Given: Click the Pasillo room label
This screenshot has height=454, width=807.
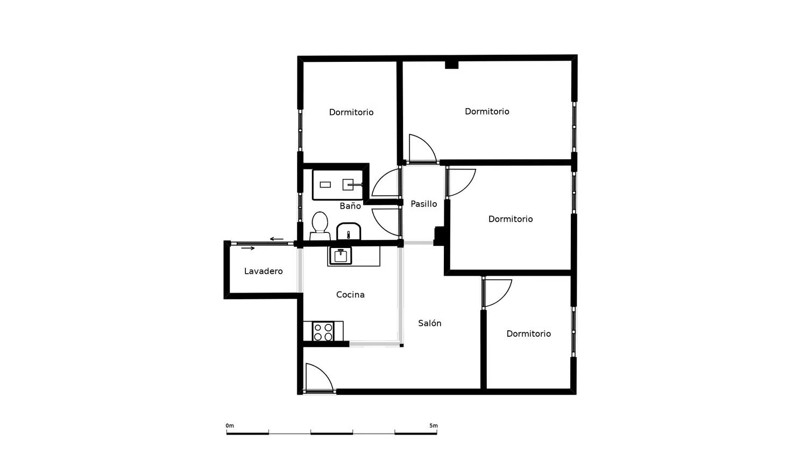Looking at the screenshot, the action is tap(424, 204).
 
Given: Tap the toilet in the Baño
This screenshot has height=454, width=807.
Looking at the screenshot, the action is tap(320, 226).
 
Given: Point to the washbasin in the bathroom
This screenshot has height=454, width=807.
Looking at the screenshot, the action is tap(349, 231).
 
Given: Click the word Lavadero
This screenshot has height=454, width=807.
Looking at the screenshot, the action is tap(264, 271).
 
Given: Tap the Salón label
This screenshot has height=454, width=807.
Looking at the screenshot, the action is tap(429, 323).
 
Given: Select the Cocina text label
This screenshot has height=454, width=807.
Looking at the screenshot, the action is tap(350, 295).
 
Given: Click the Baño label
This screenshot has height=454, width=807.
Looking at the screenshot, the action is tap(350, 205).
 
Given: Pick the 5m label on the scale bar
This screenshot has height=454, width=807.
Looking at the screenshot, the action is tap(434, 425).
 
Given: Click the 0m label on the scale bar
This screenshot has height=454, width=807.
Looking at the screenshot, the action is tap(230, 425).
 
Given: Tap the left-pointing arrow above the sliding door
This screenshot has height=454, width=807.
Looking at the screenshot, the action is tap(277, 239).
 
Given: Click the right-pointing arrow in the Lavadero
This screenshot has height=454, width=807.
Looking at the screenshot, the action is tap(248, 249).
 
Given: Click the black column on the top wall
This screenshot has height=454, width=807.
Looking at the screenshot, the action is tap(451, 65).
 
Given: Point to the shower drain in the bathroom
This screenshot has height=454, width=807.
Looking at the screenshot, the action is tap(325, 185).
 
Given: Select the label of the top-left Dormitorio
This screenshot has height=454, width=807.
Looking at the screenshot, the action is tap(351, 112).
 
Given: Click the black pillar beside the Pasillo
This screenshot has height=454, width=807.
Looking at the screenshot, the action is tap(439, 236).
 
